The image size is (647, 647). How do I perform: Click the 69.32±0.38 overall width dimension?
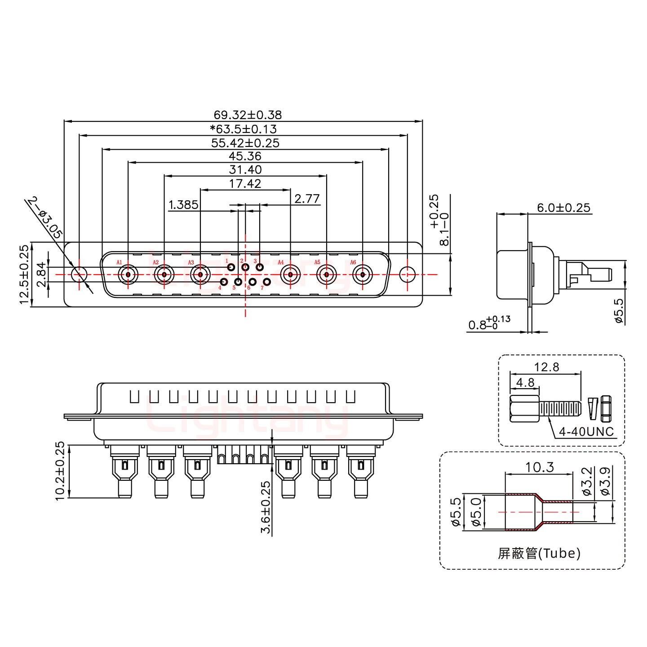[248, 115]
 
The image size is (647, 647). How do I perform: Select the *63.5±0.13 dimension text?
[244, 129]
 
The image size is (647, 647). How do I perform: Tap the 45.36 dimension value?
[245, 156]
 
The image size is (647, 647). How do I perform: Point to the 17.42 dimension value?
[245, 183]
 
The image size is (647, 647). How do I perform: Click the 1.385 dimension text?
[183, 205]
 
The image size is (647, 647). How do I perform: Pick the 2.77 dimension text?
[307, 199]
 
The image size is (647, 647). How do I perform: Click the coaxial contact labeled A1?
[128, 274]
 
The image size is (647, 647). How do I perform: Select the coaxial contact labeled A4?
[290, 274]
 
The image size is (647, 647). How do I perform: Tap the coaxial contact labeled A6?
[362, 274]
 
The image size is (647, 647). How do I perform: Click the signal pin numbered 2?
[245, 267]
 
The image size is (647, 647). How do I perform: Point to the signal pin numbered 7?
[267, 282]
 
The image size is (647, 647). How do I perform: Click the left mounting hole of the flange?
[80, 274]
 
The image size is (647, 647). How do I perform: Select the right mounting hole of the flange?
[407, 274]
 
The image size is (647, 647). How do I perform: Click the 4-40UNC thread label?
[586, 432]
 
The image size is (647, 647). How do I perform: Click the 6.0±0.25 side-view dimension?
[563, 208]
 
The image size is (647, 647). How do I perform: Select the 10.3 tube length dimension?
[540, 468]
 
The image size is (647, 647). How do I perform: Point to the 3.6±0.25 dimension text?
[266, 508]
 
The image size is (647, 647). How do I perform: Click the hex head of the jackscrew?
[524, 408]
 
